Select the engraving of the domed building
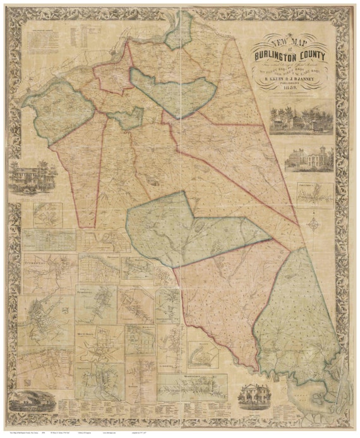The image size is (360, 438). [308, 159]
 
